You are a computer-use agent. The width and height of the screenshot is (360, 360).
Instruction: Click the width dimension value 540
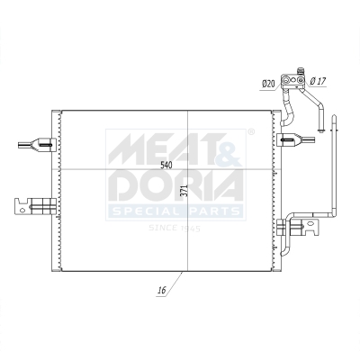(166, 165)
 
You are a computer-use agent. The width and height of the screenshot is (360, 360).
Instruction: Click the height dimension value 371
(183, 191)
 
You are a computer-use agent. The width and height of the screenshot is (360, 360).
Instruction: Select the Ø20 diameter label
(268, 84)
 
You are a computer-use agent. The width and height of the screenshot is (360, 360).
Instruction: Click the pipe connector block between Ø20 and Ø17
(292, 81)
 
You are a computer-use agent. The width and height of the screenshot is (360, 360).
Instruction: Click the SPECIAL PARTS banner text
(175, 211)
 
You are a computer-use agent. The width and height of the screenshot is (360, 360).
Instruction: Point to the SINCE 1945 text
(175, 227)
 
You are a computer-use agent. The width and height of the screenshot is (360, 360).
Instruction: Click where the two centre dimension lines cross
(187, 171)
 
